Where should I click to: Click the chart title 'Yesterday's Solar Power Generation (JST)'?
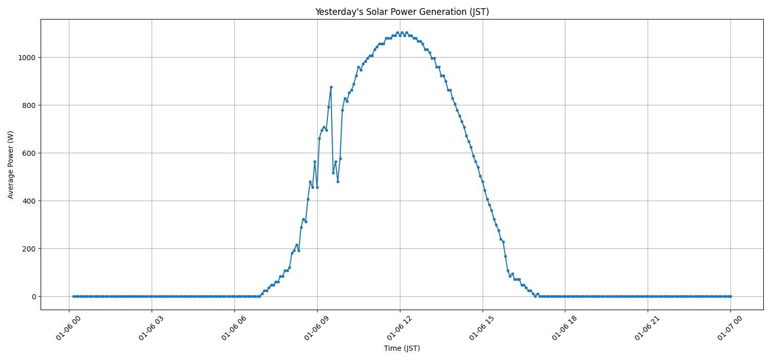pyautogui.click(x=401, y=12)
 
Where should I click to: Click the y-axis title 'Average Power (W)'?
pyautogui.click(x=11, y=165)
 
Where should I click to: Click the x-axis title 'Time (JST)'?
pyautogui.click(x=401, y=348)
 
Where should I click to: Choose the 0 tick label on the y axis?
pyautogui.click(x=33, y=297)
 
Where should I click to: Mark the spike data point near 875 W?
pyautogui.click(x=331, y=87)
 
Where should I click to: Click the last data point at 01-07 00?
pyautogui.click(x=730, y=296)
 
